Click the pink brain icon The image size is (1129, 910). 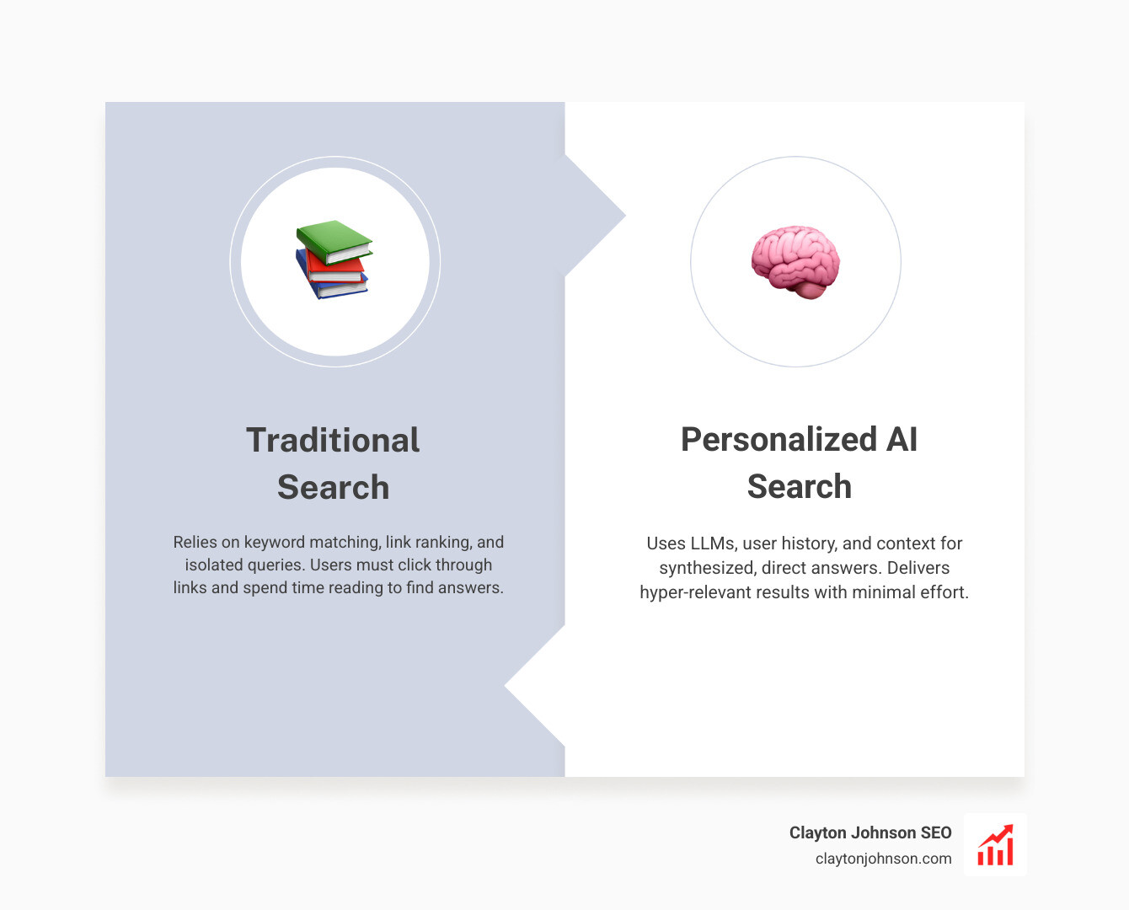pos(795,261)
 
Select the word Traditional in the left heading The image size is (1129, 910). pos(333,440)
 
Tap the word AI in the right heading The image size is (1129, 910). pos(902,439)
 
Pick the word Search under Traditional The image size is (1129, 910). pos(333,487)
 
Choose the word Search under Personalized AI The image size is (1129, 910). pos(799,486)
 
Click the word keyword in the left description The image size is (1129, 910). pos(274,543)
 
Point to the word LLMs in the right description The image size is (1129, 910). pos(712,543)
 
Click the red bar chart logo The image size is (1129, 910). pos(995,845)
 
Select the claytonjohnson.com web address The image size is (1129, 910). pos(883,859)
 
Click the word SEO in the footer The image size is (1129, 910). pos(935,832)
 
